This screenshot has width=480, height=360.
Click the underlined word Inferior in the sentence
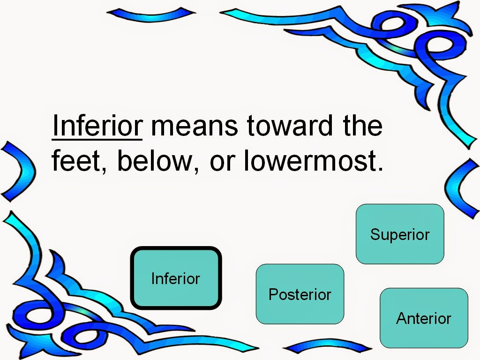97,126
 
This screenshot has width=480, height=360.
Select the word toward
290,126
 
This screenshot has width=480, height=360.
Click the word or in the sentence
223,163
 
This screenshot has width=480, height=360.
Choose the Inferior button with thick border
176,278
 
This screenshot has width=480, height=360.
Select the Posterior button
300,294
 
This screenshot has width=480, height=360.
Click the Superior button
400,234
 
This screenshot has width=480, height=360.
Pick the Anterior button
424,318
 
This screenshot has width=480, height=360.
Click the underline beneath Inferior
97,140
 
